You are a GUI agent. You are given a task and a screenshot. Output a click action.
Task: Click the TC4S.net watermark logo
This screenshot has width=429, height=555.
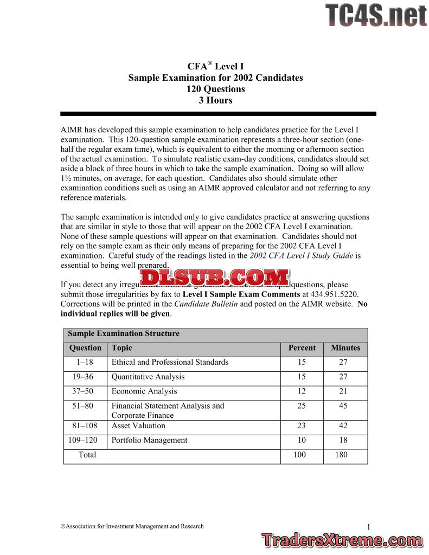(376, 15)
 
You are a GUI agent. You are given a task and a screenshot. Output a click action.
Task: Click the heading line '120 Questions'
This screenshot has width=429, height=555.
(215, 89)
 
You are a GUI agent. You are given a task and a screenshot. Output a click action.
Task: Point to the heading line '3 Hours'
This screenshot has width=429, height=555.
(215, 100)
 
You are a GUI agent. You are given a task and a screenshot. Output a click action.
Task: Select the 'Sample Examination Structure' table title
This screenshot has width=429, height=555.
(124, 334)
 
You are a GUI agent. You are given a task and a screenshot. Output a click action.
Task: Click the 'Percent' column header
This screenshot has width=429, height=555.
(302, 348)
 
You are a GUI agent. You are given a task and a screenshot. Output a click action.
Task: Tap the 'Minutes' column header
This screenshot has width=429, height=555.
(345, 348)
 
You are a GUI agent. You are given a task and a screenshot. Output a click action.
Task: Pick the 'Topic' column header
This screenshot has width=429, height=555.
(122, 348)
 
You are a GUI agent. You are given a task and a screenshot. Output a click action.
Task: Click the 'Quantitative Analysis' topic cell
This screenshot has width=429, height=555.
(148, 377)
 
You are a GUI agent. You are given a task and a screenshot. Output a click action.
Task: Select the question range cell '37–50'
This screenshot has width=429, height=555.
(86, 391)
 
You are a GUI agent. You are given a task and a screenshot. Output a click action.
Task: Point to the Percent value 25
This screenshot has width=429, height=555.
(302, 406)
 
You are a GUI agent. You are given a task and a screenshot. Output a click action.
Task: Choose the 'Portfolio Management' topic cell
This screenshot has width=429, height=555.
(150, 440)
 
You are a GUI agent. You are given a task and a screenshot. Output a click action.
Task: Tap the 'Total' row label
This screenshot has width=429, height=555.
(87, 455)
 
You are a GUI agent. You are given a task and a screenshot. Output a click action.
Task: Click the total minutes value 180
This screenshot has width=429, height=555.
(341, 455)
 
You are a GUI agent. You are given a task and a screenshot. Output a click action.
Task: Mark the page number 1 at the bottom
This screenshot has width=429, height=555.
(368, 527)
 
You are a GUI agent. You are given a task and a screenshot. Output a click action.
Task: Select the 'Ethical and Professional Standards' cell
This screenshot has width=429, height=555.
(170, 362)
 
